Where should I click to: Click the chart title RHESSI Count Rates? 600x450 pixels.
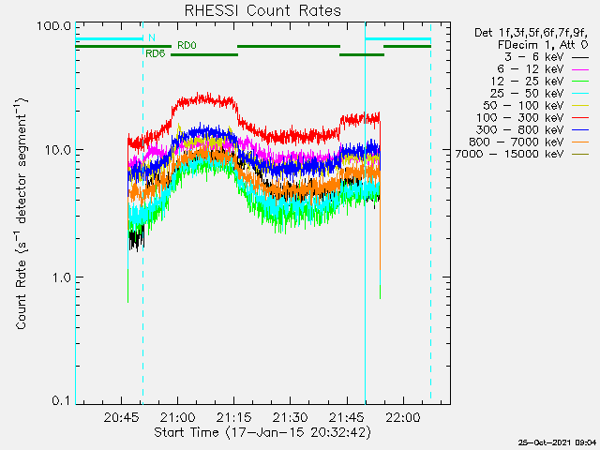262,11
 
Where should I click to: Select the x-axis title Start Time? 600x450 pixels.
262,432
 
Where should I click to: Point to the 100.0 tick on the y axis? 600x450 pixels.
53,25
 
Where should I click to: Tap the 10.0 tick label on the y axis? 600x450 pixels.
56,150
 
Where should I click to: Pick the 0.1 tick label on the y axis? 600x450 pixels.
60,400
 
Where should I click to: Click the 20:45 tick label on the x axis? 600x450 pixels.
123,416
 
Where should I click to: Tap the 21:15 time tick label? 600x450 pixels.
234,416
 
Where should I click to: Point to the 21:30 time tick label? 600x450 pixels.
291,416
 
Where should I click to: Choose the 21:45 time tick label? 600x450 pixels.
347,416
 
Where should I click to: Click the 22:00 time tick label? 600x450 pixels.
404,416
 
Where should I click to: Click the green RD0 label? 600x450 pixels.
187,45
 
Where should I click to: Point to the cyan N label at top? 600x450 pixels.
152,37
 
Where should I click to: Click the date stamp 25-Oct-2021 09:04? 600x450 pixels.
557,442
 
